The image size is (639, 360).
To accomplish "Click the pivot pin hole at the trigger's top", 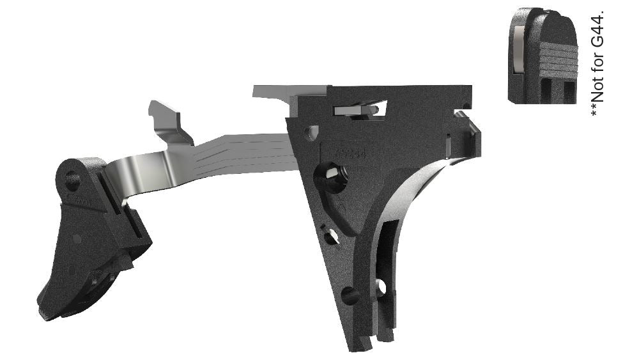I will click(x=72, y=180).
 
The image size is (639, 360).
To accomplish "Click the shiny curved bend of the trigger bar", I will click(x=128, y=176).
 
